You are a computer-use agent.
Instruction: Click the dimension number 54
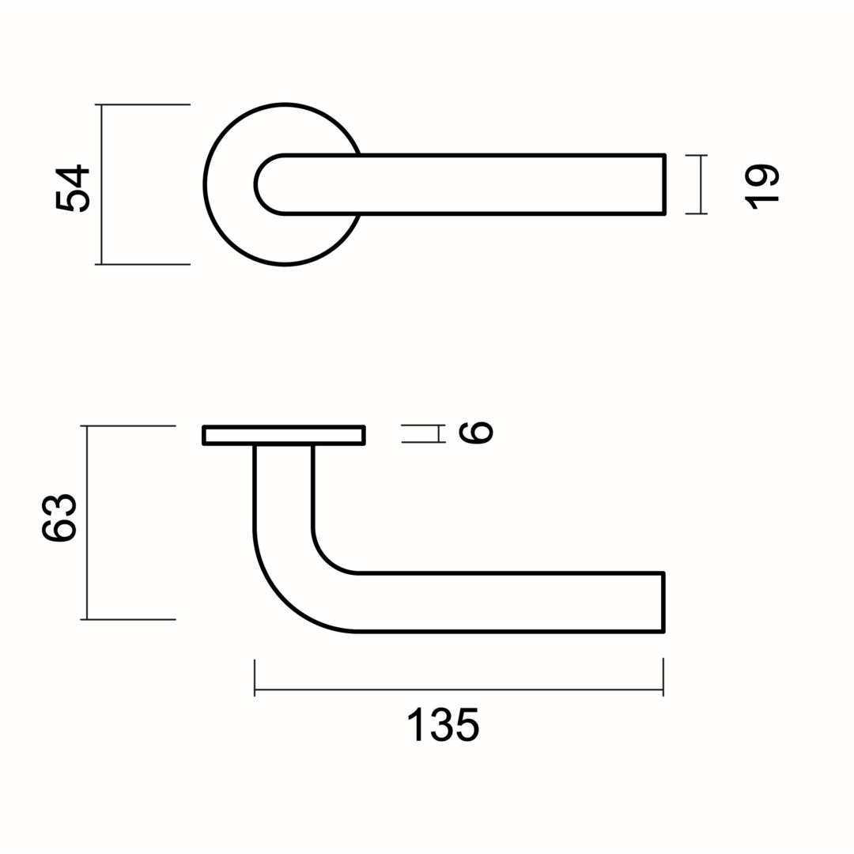pos(72,188)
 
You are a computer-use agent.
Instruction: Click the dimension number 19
pos(761,187)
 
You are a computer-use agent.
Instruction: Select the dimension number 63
pos(59,518)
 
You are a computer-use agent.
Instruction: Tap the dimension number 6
pos(476,433)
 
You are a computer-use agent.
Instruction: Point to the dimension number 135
pos(444,724)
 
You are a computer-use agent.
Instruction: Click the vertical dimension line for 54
pos(101,184)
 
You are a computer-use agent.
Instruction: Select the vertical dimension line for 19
pos(701,184)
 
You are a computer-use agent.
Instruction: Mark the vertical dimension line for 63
pos(87,523)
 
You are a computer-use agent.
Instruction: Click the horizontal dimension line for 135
pos(459,690)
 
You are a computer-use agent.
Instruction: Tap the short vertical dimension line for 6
pos(439,433)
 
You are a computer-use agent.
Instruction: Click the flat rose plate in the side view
pos(284,435)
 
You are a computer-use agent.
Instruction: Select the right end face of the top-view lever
pos(663,184)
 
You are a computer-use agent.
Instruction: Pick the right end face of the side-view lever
pos(663,602)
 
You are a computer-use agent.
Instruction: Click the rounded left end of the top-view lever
pos(257,184)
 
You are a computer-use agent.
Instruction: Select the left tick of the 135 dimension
pos(255,678)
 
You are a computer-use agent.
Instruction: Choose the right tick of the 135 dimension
pos(663,678)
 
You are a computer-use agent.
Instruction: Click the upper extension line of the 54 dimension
pos(142,104)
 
